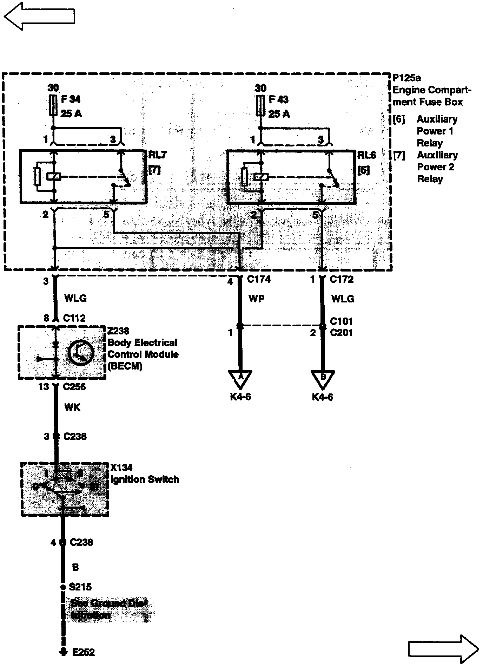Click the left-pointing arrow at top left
pos(39,16)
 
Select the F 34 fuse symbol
pos(53,104)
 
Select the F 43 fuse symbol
pos(260,105)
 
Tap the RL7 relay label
pos(157,155)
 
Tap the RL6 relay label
pos(366,155)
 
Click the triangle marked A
pos(241,378)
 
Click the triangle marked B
pos(323,378)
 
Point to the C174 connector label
pos(259,279)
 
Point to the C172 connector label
pos(342,279)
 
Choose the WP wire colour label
pos(256,299)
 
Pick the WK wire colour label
pos(72,407)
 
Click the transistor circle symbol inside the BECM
pos(81,353)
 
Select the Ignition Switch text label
pos(145,479)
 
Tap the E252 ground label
pos(84,652)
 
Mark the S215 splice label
pos(80,587)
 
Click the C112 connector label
pos(74,318)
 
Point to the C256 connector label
pos(74,387)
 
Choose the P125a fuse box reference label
pos(406,78)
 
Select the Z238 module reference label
pos(118,331)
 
